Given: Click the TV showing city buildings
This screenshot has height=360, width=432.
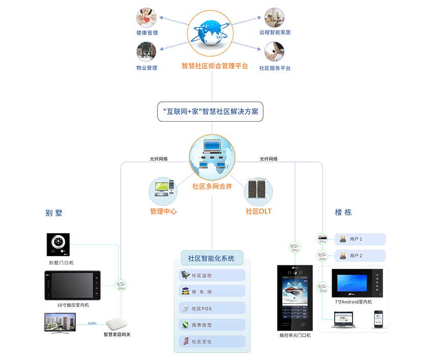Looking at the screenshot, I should (x=60, y=322).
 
